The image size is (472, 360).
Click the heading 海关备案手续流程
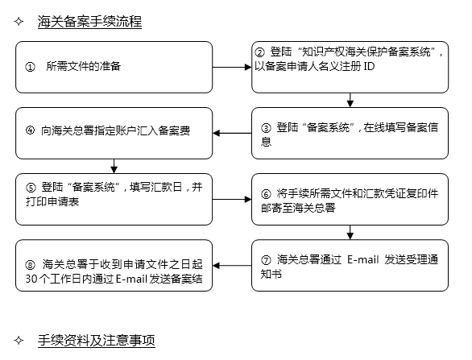coord(89,22)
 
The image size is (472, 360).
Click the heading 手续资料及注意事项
coord(97,341)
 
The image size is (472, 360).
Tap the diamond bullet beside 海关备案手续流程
coord(19,22)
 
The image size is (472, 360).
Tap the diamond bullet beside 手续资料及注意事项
coord(19,341)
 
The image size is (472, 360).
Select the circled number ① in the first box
coord(30,67)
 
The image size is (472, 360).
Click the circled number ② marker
coord(259,52)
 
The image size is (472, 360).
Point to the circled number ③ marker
coord(266,128)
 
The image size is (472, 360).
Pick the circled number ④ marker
coord(30,130)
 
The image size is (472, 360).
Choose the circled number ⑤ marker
coord(31,188)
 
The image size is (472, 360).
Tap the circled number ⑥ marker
coord(266,194)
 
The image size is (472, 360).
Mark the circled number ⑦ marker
coord(266,260)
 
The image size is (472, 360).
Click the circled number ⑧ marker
coord(30,265)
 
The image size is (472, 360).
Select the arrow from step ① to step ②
coord(232,67)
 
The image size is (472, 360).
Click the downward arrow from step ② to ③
coord(350,100)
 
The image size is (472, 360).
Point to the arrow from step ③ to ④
coord(232,133)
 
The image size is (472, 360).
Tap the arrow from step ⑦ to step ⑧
coord(232,265)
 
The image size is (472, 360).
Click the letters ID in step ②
coord(369,66)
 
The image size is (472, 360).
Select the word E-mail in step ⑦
coord(362,259)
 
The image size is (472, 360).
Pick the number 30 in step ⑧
coord(31,279)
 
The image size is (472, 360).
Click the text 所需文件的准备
coord(84,66)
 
